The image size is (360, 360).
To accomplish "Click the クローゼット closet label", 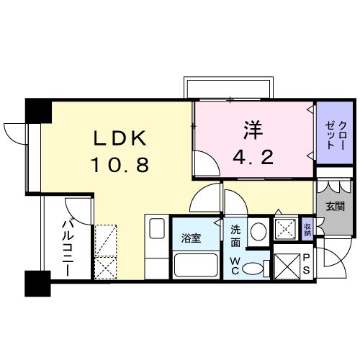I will [x=336, y=135].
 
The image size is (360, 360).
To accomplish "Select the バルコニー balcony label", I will [x=70, y=248].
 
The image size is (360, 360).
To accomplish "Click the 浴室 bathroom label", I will [x=191, y=238].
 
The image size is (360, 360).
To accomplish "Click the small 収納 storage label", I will [x=307, y=230].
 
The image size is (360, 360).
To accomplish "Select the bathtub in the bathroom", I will [x=195, y=266].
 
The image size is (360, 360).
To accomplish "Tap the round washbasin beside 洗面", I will [x=258, y=232].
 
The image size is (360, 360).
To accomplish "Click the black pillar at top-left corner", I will [x=37, y=110].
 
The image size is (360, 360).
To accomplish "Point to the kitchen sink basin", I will [x=157, y=233].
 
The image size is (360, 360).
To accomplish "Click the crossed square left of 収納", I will [x=286, y=230].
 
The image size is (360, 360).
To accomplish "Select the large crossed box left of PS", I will [x=286, y=265].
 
